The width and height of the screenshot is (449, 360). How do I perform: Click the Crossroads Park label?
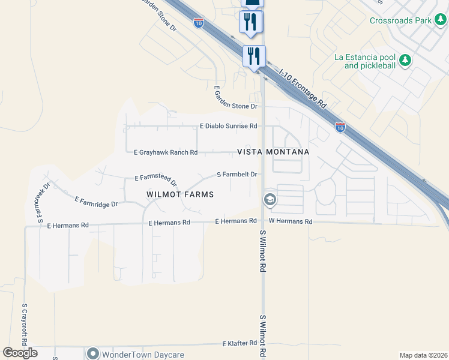[x=400, y=20]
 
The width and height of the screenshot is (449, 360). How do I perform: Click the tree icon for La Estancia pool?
[x=406, y=60]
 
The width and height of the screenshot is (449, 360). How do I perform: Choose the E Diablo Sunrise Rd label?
[x=228, y=126]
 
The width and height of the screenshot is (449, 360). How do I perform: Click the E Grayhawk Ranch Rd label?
[x=165, y=152]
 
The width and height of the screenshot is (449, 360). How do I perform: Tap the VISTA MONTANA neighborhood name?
[x=273, y=152]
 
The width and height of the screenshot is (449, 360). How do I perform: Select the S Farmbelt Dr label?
[x=237, y=175]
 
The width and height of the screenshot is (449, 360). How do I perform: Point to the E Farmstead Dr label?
[x=156, y=179]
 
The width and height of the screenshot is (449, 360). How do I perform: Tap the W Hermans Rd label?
[x=291, y=221]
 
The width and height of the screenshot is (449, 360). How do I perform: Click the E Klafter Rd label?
[x=240, y=344]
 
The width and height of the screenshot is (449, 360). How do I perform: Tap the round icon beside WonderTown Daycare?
[x=92, y=353]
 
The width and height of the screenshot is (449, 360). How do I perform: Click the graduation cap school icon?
[x=270, y=199]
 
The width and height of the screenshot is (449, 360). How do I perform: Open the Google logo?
[x=20, y=353]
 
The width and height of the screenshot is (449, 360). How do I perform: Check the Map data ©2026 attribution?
[x=423, y=355]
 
